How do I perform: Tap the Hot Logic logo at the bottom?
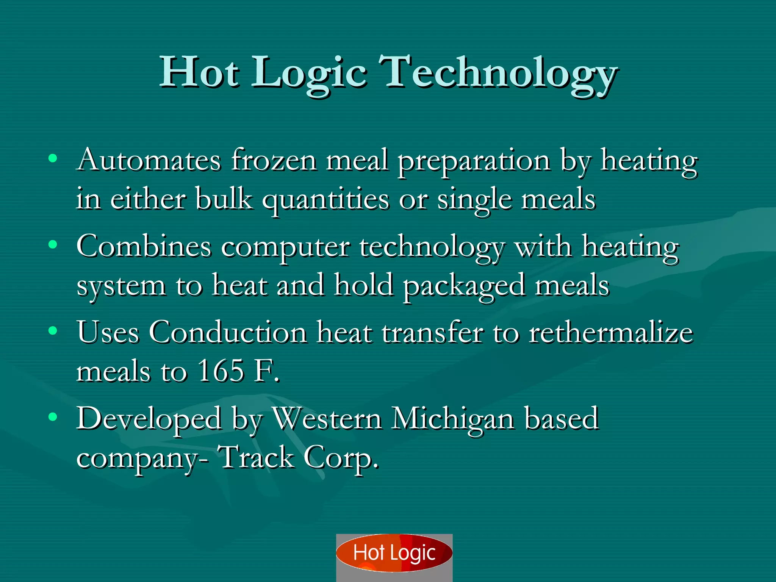(394, 553)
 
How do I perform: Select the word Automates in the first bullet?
(149, 160)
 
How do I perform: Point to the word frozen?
(274, 160)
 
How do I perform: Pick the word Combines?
(144, 246)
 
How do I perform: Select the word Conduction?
(227, 332)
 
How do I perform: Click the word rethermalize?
(611, 332)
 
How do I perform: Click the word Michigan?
(453, 419)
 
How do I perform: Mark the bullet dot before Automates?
(53, 158)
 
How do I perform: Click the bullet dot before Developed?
(53, 417)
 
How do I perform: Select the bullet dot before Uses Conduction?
(53, 331)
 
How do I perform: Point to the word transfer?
(432, 332)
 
